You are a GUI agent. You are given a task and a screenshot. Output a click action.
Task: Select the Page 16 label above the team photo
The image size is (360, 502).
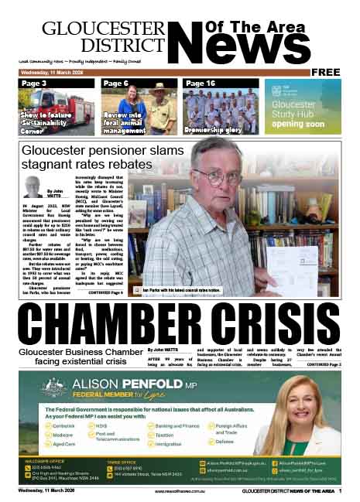201,83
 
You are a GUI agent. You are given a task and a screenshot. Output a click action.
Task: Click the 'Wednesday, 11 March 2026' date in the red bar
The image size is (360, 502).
46,72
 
